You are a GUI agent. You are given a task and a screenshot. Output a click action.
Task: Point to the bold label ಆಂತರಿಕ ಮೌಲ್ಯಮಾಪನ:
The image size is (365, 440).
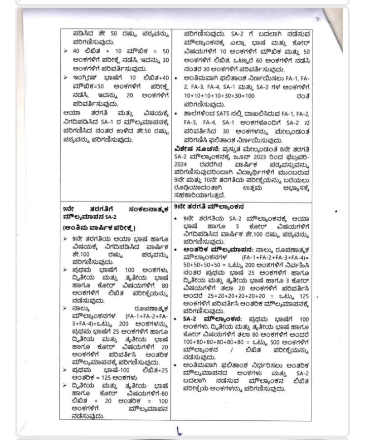pos(212,250)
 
